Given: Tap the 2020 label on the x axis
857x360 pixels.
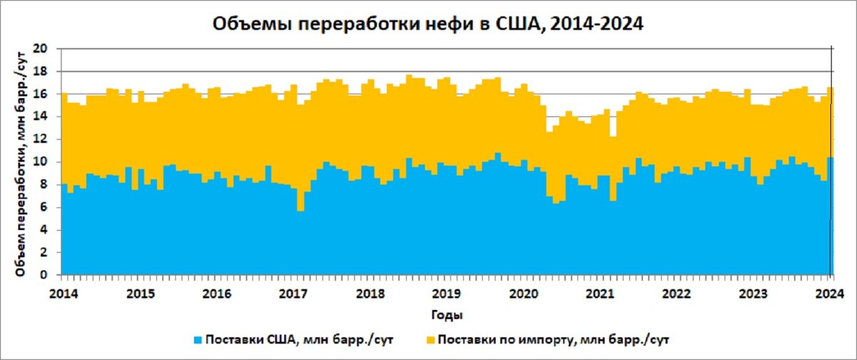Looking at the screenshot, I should click(x=523, y=293).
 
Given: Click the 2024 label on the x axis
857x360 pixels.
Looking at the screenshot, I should click(x=831, y=293).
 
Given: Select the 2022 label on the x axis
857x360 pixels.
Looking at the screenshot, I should click(x=677, y=293).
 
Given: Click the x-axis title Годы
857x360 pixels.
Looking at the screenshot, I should click(x=446, y=314).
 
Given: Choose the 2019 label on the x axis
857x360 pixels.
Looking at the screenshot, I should click(x=446, y=293).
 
